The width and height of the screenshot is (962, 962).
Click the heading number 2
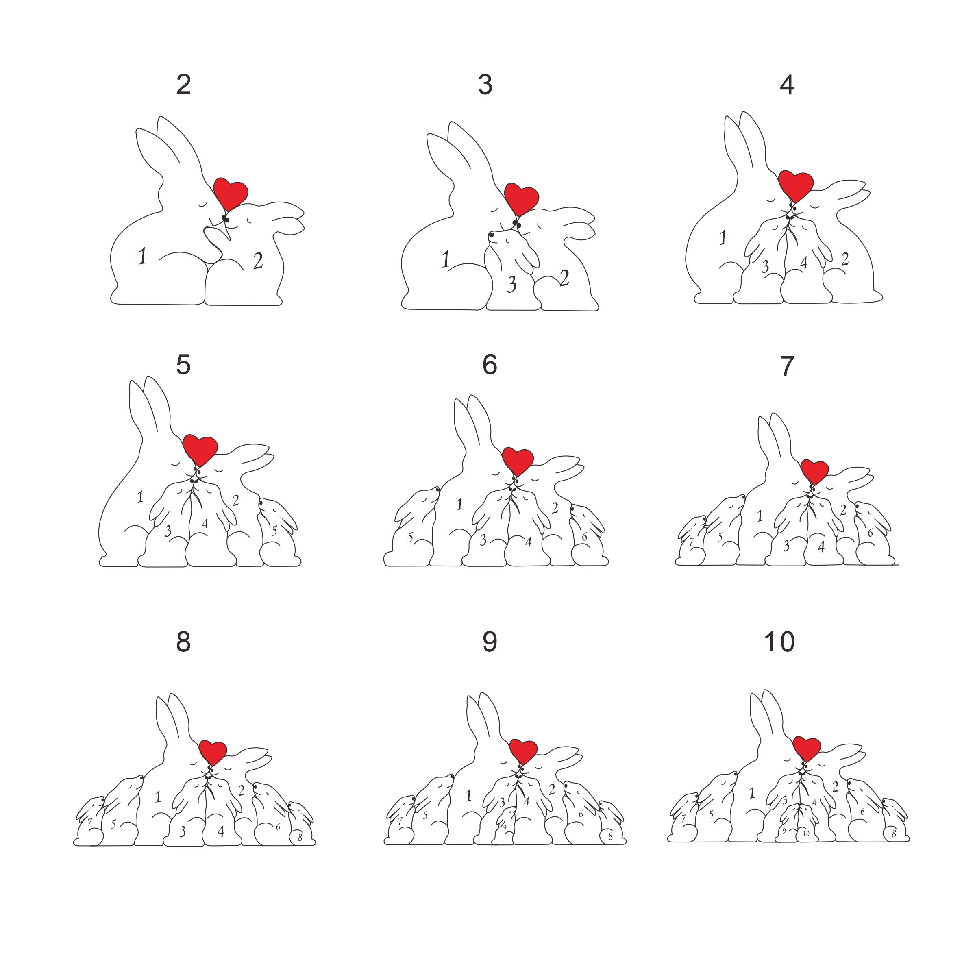[x=183, y=85]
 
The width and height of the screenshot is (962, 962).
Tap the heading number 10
[x=779, y=642]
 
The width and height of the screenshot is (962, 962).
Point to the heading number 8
[x=183, y=642]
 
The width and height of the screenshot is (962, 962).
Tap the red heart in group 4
[x=796, y=186]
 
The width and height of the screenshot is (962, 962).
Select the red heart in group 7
[x=815, y=472]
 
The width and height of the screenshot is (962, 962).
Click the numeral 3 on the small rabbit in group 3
[x=512, y=284]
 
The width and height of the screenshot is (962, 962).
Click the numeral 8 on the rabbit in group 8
[x=300, y=838]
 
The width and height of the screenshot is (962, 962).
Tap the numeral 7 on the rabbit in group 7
[x=691, y=541]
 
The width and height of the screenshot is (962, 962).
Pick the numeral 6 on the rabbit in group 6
[x=585, y=537]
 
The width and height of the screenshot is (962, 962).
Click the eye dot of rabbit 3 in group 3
[x=491, y=234]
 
